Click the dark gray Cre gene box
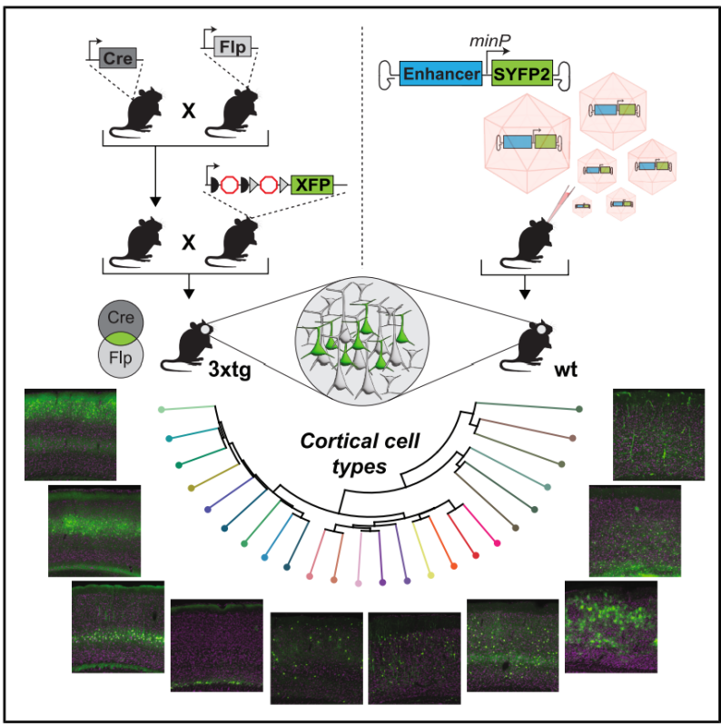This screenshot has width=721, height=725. (x=114, y=58)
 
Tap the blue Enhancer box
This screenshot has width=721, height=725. (x=440, y=74)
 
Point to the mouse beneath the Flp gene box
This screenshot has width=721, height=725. (x=228, y=114)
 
